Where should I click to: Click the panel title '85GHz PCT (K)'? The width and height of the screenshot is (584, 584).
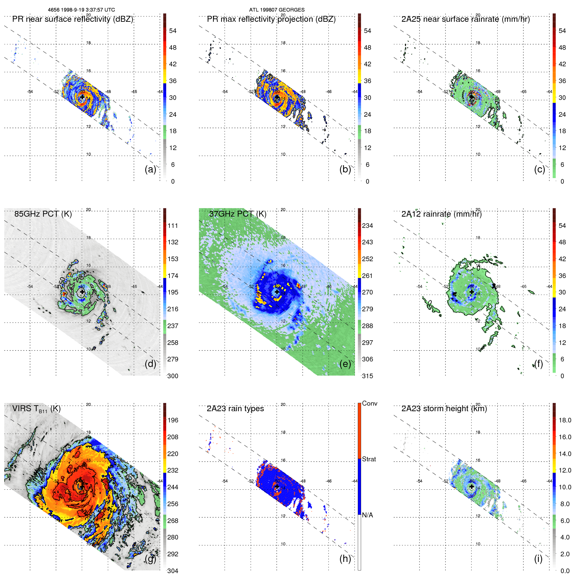point(43,214)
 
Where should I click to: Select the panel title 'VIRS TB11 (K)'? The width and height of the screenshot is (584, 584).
point(36,409)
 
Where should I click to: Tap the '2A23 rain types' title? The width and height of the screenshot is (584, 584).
point(235,409)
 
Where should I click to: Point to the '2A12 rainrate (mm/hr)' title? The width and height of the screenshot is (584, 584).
point(441,214)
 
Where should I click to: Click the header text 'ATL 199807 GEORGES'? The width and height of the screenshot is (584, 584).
point(277,10)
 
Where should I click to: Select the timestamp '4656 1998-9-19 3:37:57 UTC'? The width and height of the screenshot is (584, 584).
point(81,10)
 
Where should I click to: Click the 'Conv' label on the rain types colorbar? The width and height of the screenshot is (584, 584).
point(369,403)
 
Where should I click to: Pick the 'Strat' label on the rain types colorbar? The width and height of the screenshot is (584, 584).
point(369,459)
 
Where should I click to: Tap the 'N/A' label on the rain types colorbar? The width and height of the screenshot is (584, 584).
point(367,515)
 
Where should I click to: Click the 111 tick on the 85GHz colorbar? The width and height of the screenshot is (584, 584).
point(173,226)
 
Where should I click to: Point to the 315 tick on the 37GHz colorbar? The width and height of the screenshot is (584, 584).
point(367,376)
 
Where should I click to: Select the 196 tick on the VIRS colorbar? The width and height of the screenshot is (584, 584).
point(173,420)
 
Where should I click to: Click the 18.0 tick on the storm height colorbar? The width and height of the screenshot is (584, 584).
point(565,420)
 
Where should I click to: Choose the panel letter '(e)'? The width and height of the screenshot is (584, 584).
point(345,364)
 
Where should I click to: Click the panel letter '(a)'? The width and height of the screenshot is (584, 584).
point(150,169)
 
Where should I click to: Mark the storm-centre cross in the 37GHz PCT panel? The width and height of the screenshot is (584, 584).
point(277,292)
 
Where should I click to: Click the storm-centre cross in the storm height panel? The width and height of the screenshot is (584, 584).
point(472,486)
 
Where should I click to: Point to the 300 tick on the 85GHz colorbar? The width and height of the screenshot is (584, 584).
point(173,376)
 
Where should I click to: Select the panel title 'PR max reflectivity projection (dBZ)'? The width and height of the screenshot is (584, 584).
point(271,19)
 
